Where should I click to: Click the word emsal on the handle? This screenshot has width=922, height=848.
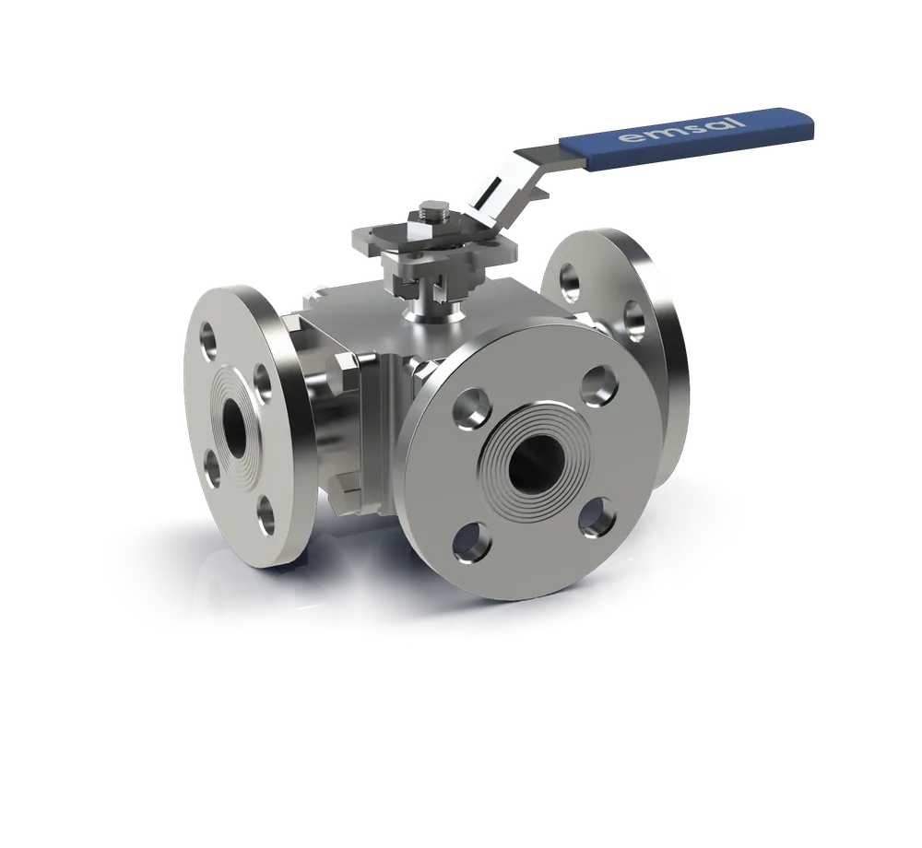pos(682,130)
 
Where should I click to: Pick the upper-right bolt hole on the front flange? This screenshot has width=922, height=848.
pos(600,384)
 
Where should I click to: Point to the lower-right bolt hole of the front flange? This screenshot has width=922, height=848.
pos(597,517)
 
